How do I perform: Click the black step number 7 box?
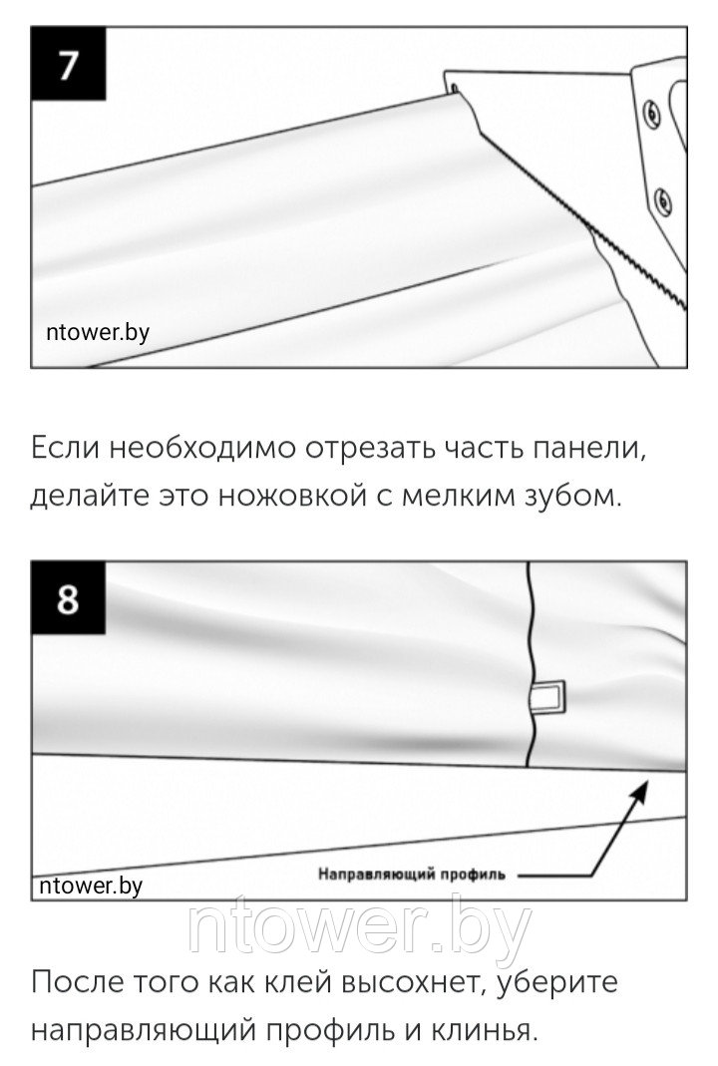point(68,63)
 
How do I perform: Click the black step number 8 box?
point(68,598)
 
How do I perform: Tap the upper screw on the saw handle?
point(651,112)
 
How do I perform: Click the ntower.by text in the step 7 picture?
point(98,332)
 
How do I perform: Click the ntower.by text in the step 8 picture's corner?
point(91,886)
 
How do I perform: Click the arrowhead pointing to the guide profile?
point(638,791)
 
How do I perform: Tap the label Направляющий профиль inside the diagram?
point(411,874)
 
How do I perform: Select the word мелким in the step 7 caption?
point(450,497)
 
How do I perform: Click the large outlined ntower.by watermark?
point(359,929)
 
